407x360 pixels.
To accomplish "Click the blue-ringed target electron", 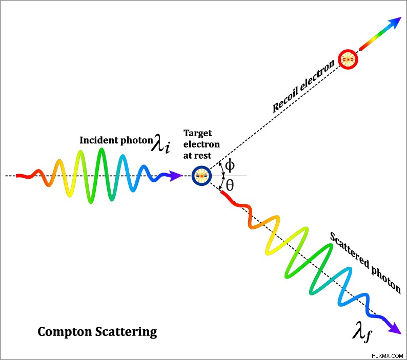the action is pos(201,176).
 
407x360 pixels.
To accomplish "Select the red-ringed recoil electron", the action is pos(348,59).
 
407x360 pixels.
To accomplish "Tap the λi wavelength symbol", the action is pos(160,143).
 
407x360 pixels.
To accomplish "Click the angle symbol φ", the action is pos(230,165).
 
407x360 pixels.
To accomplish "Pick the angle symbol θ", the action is pos(230,185).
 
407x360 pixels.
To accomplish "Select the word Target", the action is pos(197,133).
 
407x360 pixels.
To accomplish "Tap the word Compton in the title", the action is pos(65,332).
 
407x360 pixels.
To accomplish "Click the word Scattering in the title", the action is pos(126,332).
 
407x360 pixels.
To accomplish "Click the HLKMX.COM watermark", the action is pos(388,356).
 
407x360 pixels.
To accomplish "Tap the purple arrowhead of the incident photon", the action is pos(176,176).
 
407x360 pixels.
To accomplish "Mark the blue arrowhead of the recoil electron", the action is pos(396,23).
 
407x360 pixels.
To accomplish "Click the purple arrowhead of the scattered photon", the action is pos(395,328).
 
